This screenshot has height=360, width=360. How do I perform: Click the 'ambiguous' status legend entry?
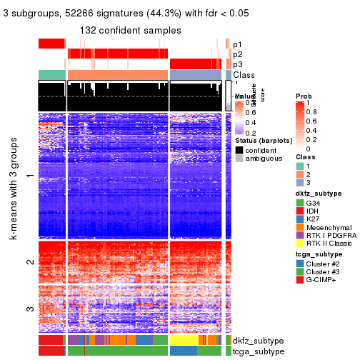tap(241, 159)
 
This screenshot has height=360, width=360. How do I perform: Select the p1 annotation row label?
tap(237, 44)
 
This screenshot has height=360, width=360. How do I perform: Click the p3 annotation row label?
tap(237, 64)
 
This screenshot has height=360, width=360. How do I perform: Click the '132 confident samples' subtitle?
tap(130, 30)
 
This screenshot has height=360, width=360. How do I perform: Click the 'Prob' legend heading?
tap(303, 95)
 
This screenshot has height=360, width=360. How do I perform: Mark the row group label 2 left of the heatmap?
tap(29, 263)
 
